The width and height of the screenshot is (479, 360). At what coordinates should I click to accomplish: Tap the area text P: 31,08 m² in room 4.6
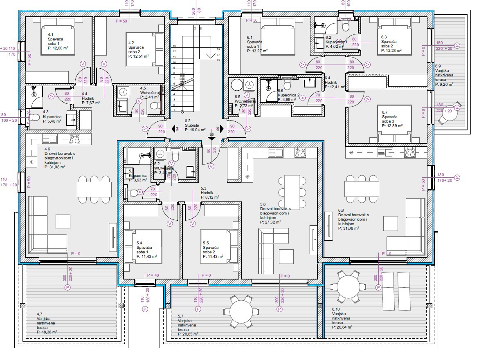point(57,167)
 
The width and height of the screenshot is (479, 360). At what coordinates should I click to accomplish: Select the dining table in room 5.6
point(292,192)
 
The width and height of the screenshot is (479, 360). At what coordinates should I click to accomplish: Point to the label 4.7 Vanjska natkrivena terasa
point(46,323)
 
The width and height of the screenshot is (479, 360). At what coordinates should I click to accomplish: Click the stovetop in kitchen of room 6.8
point(410,152)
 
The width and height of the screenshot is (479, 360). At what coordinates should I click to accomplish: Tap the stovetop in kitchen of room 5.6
point(300,152)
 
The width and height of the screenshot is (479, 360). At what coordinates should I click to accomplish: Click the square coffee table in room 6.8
point(391,222)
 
